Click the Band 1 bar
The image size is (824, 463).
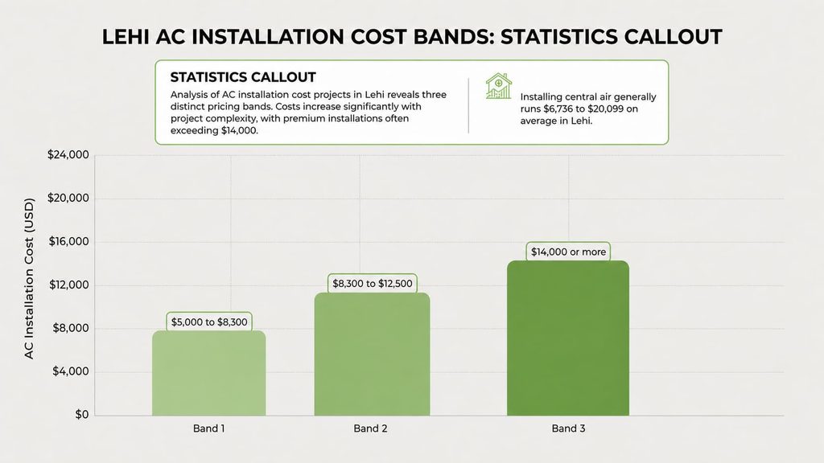(208, 373)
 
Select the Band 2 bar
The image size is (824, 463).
(372, 354)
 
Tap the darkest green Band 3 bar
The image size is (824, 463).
(568, 338)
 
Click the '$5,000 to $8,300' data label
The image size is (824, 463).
(209, 322)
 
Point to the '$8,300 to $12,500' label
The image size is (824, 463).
(372, 284)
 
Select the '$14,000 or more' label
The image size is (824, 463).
(568, 252)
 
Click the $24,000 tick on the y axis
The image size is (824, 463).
(68, 155)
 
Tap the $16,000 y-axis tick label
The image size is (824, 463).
(68, 241)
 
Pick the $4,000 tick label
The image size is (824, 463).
(71, 371)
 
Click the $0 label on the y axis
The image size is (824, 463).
(82, 415)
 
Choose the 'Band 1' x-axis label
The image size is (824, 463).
(208, 428)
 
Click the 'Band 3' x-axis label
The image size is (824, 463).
(568, 428)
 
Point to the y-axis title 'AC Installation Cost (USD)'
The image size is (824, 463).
(29, 278)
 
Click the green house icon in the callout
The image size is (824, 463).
(499, 86)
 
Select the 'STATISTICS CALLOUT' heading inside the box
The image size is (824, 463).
(243, 77)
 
